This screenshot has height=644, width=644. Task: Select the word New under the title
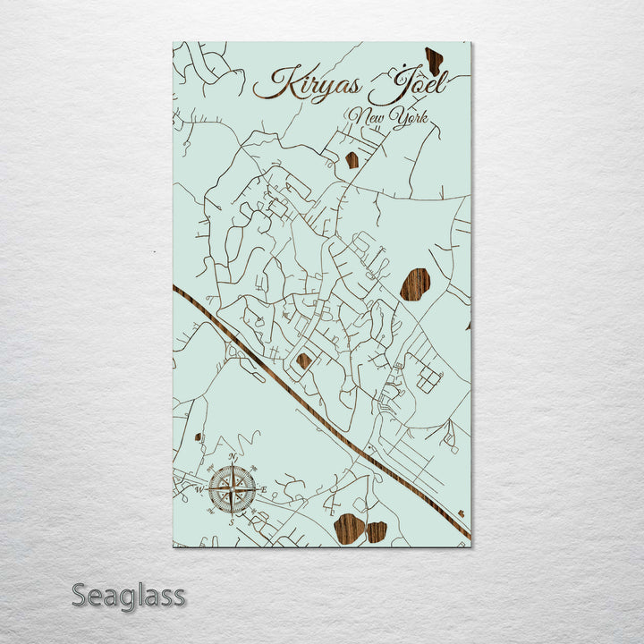369,115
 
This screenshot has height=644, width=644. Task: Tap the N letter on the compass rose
233,457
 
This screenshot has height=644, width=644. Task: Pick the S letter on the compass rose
233,521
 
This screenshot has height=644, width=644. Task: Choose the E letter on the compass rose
264,489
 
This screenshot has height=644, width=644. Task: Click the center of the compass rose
233,489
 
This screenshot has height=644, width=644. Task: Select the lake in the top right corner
434,61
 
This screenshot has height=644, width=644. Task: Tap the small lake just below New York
352,160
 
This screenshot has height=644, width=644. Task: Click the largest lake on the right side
414,284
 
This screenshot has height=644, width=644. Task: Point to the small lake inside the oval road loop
304,360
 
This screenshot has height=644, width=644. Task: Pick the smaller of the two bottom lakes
377,532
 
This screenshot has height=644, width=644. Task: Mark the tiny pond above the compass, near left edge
198,437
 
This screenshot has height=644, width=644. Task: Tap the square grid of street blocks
428,381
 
